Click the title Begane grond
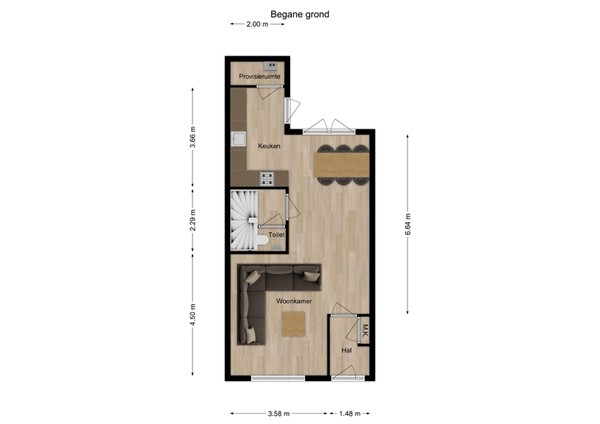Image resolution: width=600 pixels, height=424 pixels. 300,15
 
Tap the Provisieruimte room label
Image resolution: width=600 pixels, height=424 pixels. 259,77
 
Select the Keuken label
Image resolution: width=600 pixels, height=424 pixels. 269,146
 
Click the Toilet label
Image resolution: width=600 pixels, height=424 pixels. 276,235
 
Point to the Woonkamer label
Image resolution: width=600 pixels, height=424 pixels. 294,301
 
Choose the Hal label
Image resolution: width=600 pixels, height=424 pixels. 347,350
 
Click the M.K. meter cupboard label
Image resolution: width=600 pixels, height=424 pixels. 365,330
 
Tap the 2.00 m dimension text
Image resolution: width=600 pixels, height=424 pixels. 257,24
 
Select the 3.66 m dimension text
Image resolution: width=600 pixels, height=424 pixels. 193,137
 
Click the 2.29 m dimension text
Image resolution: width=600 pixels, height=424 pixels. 193,220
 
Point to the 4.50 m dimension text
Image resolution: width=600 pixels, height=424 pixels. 193,315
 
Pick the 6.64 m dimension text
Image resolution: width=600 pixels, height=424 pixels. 408,224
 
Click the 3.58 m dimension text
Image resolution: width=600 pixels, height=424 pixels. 279,413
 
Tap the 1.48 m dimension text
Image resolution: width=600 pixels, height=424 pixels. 350,413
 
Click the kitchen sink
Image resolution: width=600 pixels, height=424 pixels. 239,139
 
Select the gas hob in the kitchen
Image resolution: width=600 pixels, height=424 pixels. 267,179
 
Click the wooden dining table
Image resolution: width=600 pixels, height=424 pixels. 341,165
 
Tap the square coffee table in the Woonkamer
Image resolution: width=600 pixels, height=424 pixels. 294,324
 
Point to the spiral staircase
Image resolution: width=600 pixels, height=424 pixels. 244,220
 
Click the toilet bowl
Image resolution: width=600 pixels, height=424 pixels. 263,241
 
